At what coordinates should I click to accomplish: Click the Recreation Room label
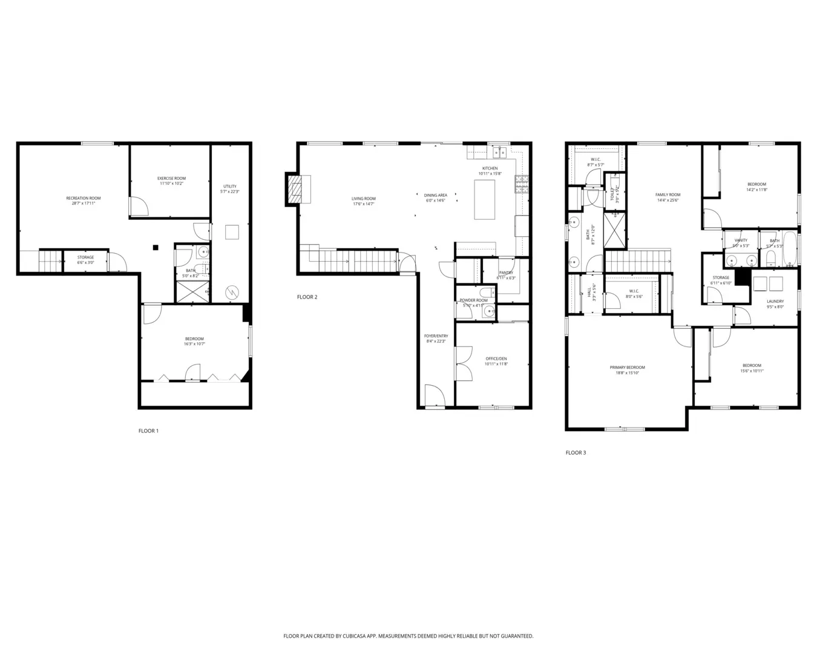84,198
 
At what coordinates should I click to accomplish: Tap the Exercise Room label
171,178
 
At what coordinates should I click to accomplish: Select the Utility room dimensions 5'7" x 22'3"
230,191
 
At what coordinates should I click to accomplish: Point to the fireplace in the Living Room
294,189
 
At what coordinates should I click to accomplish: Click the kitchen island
484,199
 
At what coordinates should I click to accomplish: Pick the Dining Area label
435,195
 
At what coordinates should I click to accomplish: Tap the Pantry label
506,272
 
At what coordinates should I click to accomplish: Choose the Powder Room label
473,300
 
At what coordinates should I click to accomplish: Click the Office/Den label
496,359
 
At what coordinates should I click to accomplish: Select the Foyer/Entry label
436,336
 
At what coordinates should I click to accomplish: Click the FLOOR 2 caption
307,297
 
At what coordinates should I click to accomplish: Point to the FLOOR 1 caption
148,431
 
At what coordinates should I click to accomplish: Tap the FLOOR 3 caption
576,452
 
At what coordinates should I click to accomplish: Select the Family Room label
668,195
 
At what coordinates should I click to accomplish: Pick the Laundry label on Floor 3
775,301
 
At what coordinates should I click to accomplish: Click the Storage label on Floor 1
85,257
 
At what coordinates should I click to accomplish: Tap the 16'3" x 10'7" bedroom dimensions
194,344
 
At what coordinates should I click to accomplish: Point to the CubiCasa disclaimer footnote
408,636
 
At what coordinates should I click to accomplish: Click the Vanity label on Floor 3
741,240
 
